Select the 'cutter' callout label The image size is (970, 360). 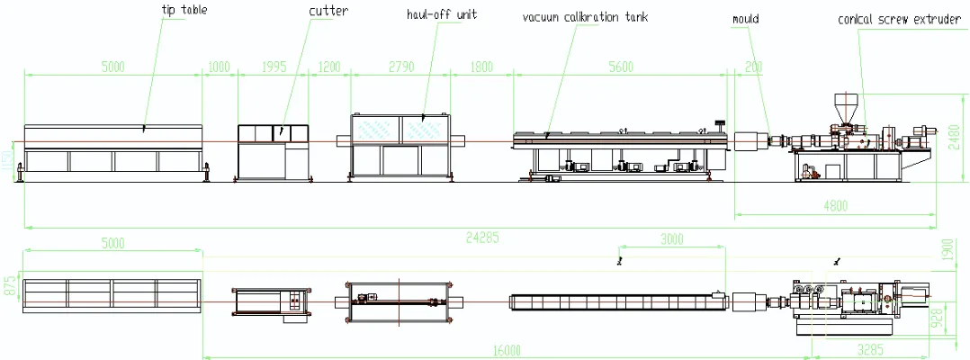pos(328,11)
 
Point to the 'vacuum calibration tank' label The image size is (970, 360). pos(585,16)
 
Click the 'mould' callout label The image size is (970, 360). pos(746,18)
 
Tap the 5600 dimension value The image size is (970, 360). pos(621,67)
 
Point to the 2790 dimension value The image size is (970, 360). pos(400,67)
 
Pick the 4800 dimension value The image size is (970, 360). pos(835,205)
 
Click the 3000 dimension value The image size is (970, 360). pos(670,239)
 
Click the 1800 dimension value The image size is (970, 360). pos(481,67)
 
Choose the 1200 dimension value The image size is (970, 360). pos(329,67)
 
